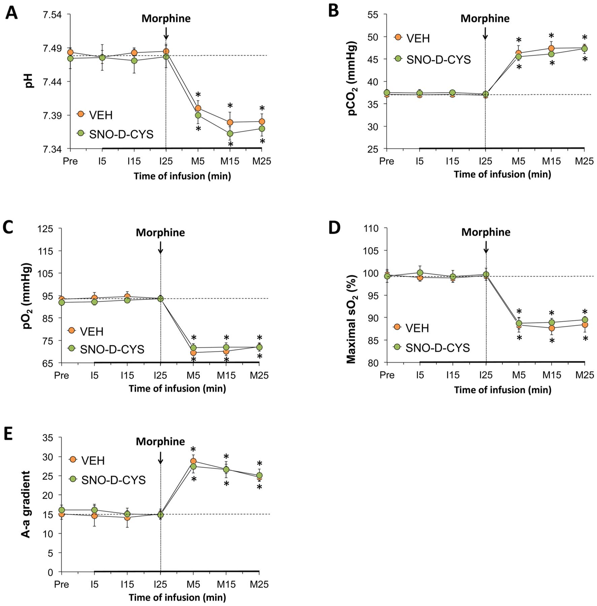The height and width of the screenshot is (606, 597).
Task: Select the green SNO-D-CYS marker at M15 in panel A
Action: coord(230,134)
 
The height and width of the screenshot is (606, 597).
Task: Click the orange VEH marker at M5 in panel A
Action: coord(198,108)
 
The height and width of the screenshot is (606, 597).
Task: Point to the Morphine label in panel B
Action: coord(485,19)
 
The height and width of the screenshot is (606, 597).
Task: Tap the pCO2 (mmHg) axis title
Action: coord(353,78)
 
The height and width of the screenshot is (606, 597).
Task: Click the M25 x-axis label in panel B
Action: coord(584,161)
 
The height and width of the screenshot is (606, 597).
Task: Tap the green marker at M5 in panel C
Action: coord(194,347)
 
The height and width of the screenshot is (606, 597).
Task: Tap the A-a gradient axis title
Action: coord(26,504)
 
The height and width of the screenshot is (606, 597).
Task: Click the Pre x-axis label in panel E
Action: coord(62,584)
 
